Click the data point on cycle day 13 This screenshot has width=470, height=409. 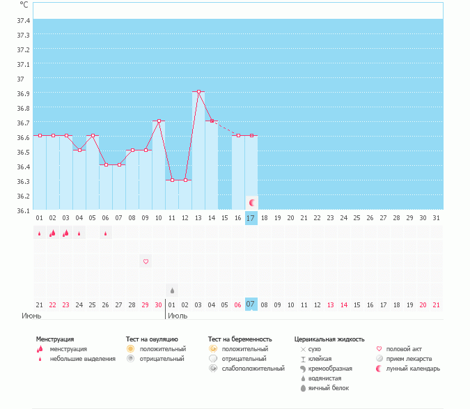click(198, 91)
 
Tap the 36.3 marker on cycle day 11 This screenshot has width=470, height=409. click(172, 180)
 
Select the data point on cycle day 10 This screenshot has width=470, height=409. click(159, 121)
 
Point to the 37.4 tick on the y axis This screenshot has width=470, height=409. click(24, 20)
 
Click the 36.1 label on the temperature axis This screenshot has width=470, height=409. click(24, 211)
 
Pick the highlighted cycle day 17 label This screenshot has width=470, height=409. click(251, 218)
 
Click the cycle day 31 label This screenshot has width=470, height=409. click(436, 218)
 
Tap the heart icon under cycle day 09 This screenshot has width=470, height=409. click(146, 261)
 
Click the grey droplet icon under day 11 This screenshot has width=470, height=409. click(172, 291)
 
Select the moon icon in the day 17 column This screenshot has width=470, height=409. click(252, 203)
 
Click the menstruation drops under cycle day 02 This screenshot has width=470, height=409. click(52, 233)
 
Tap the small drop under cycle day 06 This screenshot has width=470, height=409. click(106, 233)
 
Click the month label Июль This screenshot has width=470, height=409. click(178, 316)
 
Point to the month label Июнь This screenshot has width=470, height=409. click(31, 316)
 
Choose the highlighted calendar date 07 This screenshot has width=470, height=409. click(251, 304)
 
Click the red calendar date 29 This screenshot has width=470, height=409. click(145, 305)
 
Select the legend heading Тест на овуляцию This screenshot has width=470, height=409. click(152, 339)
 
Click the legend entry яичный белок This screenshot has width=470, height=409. click(329, 388)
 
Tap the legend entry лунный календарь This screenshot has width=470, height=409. click(413, 369)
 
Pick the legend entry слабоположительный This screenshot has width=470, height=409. click(253, 369)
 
